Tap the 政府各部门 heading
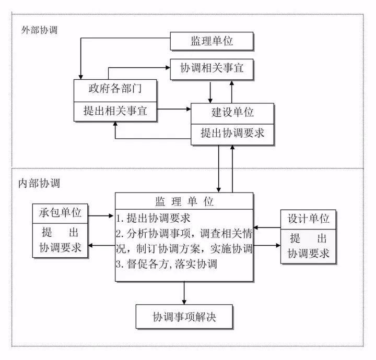pos(115,90)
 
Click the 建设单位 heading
pos(232,112)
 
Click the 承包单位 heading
pos(60,213)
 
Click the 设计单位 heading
pos(309,218)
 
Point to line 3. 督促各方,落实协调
pos(166,263)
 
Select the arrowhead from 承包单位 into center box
pos(111,214)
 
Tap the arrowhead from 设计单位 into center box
pos(257,227)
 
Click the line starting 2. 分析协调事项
pos(184,233)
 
